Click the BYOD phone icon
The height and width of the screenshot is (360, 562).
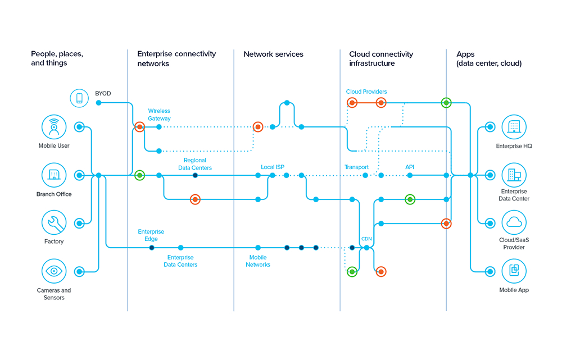(79, 98)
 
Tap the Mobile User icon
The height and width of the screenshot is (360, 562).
(54, 127)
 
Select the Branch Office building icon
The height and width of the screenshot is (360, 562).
(54, 175)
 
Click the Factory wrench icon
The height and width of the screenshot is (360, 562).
(54, 222)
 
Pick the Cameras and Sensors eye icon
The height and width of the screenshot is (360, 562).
(54, 271)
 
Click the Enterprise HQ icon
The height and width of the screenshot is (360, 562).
(514, 127)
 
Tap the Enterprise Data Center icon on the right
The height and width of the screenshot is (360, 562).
(514, 175)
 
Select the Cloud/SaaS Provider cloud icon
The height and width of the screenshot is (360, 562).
(514, 223)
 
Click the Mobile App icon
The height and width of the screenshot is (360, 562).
(514, 271)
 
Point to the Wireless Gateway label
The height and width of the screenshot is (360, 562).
(159, 115)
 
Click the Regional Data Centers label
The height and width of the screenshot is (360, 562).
(195, 164)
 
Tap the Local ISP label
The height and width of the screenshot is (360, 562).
(273, 167)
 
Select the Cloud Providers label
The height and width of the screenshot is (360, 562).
(366, 92)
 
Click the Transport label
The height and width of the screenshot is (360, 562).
(356, 167)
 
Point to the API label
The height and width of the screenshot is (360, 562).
(410, 167)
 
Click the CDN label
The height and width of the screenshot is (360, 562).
(366, 239)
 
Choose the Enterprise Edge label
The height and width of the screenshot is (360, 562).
(151, 235)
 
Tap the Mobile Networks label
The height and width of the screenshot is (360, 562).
(258, 261)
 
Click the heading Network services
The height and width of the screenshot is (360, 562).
(273, 54)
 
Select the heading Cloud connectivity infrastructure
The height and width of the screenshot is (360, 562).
(381, 59)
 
